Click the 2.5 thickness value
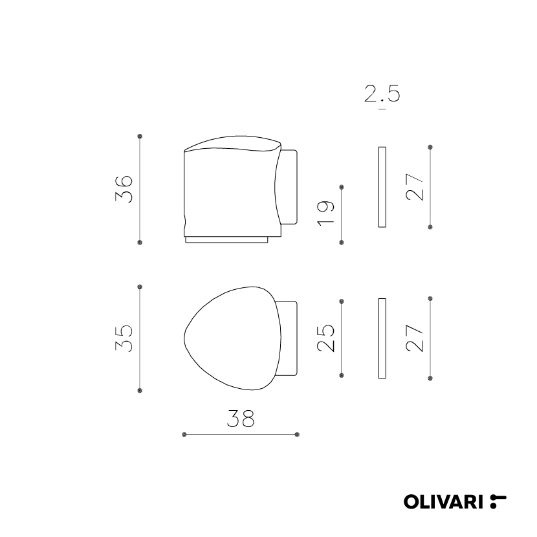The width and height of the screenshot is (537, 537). point(382,94)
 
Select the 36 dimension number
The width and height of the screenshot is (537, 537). point(124,189)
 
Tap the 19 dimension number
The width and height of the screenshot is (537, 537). point(326,213)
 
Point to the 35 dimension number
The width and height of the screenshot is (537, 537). point(124,338)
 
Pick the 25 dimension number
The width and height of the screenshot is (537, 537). point(326,337)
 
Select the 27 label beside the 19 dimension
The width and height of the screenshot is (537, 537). point(415,187)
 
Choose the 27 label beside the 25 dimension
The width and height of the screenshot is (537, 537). point(415,337)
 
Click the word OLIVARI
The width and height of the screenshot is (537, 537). point(445,500)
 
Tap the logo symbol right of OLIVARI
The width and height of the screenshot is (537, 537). point(498,500)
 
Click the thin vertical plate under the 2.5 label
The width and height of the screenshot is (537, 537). point(382,187)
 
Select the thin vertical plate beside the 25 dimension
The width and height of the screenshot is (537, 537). point(382,338)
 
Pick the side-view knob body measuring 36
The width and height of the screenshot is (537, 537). point(230,191)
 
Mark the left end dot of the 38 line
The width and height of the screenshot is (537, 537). point(185,434)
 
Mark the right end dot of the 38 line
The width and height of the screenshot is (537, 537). point(296,434)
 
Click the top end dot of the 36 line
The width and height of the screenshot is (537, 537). point(140,137)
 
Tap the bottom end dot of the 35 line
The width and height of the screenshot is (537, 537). point(140,390)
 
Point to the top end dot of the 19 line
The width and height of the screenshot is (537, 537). point(342,187)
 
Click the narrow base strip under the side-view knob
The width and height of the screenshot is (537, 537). point(226,240)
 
